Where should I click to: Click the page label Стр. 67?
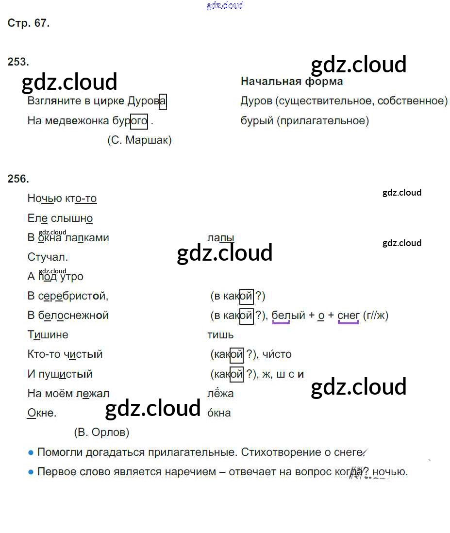(29, 23)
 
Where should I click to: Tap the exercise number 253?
(18, 62)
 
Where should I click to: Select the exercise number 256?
(18, 179)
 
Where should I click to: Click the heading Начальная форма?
(292, 81)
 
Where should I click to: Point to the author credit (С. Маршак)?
(139, 140)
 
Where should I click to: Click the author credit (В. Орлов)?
(101, 432)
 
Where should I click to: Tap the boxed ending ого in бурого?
(139, 121)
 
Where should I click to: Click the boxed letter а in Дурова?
(163, 101)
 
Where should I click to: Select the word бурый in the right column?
(257, 121)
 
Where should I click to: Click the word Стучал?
(48, 257)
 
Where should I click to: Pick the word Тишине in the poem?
(48, 334)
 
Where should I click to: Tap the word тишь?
(220, 334)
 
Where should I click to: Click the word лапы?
(221, 238)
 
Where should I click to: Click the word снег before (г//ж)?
(348, 316)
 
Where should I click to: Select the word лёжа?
(220, 393)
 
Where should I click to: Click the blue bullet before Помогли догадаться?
(31, 452)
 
